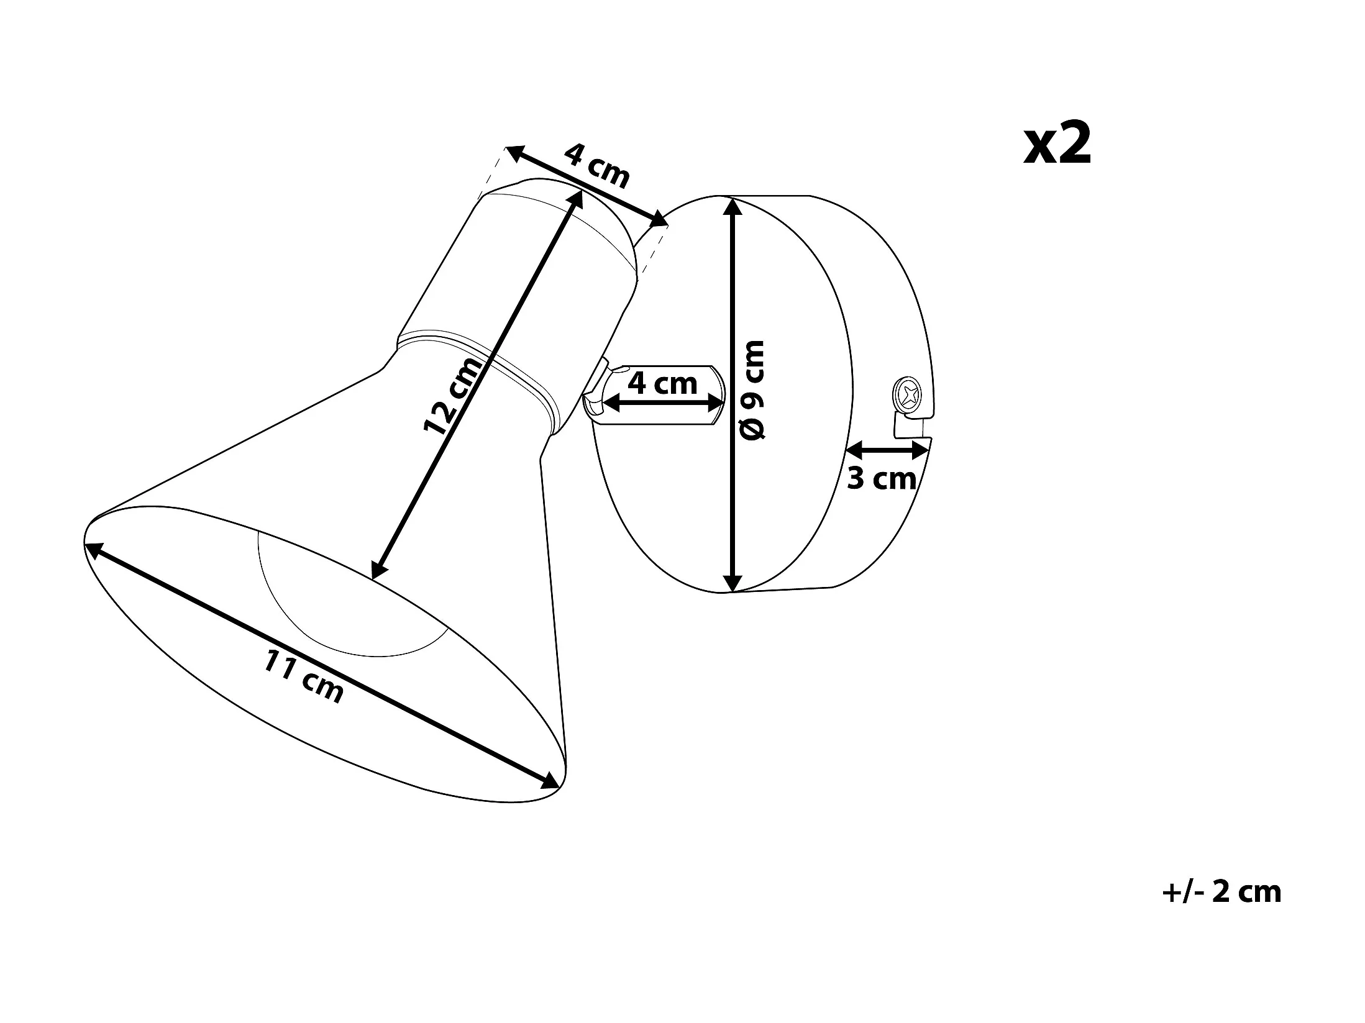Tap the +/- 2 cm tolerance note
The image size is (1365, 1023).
pos(1221,893)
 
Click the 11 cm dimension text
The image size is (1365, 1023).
pos(304,676)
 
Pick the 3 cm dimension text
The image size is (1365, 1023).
pos(882,478)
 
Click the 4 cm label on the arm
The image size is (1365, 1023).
pos(662,383)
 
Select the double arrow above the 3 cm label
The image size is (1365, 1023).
pos(888,450)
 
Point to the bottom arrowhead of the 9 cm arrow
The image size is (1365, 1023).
pos(734,583)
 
